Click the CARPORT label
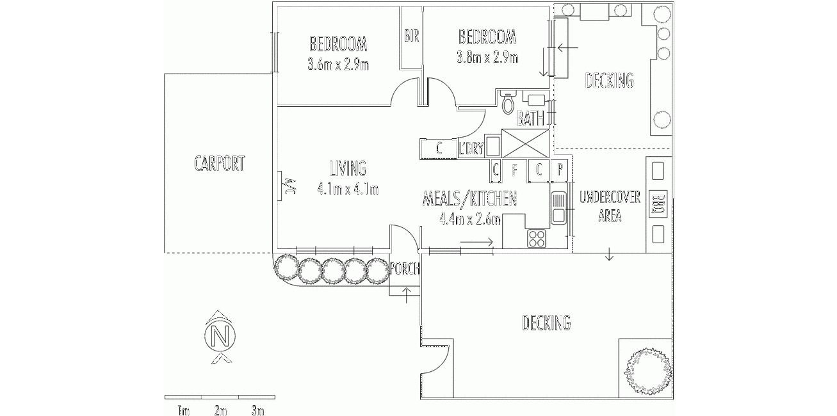[x=220, y=164]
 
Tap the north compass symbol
[x=220, y=337]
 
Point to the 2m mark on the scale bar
[x=220, y=411]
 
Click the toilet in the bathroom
[x=508, y=102]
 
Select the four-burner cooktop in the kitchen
[x=537, y=238]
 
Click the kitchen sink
[x=558, y=207]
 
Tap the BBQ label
[x=659, y=205]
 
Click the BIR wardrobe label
[x=411, y=36]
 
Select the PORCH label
[x=405, y=269]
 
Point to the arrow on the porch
[x=407, y=295]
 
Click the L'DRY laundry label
[x=471, y=148]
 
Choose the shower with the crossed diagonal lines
[x=525, y=143]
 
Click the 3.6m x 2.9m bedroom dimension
[x=338, y=65]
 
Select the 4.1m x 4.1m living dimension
[x=348, y=189]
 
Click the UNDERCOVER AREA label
[x=610, y=207]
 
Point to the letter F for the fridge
[x=514, y=170]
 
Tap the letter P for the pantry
[x=560, y=170]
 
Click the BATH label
[x=530, y=119]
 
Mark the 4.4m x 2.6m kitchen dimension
[x=470, y=219]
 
